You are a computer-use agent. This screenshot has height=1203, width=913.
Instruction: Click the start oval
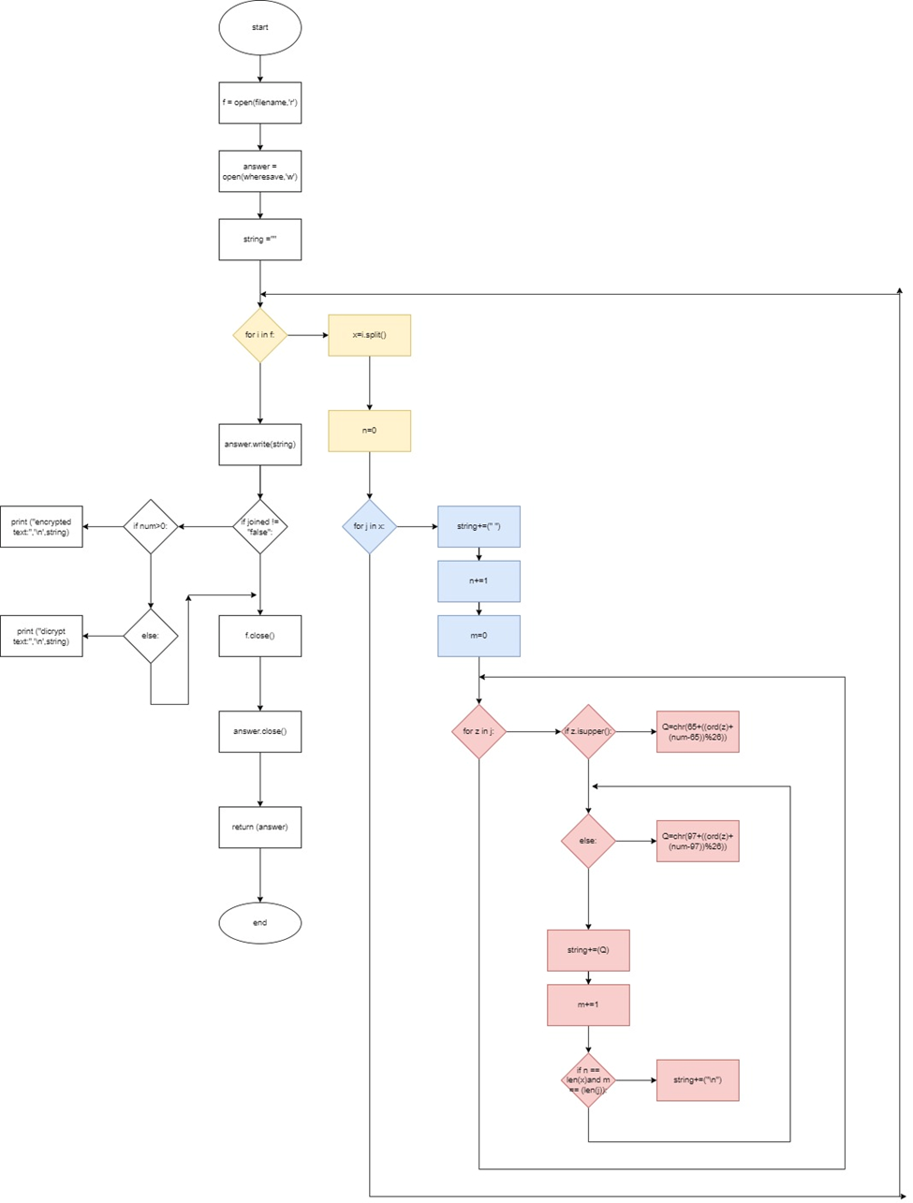tap(259, 28)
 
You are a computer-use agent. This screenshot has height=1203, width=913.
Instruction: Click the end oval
tap(259, 923)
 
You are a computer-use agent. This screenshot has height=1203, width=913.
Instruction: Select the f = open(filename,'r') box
tap(259, 103)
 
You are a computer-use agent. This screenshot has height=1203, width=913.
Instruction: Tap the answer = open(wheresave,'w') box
tap(259, 171)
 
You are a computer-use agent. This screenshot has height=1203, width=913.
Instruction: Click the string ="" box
tap(259, 240)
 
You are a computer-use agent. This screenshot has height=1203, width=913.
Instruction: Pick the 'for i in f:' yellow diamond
tap(259, 335)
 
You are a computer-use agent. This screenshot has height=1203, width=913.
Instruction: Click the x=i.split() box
tap(369, 335)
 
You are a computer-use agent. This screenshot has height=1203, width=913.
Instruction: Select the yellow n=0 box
tap(369, 431)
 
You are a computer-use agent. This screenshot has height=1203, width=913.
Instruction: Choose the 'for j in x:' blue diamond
tap(369, 526)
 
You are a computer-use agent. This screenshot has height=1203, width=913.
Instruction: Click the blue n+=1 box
tap(479, 581)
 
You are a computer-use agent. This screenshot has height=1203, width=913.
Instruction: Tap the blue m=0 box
tap(479, 636)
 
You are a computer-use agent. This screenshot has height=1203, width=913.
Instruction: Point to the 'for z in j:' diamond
tap(479, 731)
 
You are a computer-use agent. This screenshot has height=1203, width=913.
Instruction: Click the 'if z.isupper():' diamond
tap(588, 731)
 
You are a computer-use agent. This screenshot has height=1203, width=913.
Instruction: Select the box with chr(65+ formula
tap(698, 731)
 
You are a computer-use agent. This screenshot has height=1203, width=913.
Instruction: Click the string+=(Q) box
tap(588, 950)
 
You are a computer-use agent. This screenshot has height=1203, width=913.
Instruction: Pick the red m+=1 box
tap(588, 1005)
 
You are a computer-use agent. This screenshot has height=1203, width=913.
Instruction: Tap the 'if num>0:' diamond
tap(151, 526)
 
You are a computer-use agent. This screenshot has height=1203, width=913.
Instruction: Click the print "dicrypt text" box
tap(41, 636)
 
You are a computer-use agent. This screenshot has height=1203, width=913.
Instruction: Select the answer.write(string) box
tap(259, 445)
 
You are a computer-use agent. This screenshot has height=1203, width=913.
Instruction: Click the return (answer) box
tap(259, 828)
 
